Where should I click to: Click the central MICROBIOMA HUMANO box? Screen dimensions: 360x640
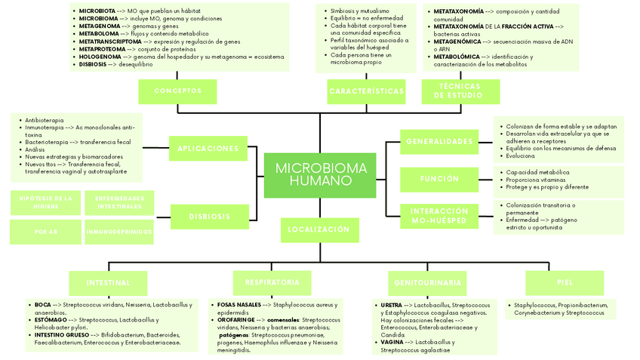tap(320, 174)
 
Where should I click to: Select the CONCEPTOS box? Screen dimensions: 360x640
tap(177, 91)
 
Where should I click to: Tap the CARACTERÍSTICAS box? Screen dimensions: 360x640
tap(366, 91)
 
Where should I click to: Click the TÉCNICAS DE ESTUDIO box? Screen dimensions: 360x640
tap(460, 91)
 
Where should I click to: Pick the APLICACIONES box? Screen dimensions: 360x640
tap(208, 149)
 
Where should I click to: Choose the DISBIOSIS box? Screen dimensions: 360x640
tap(210, 217)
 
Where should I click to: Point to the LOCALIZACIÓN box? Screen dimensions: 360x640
tap(318, 229)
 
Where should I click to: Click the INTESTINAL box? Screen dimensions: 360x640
tap(108, 283)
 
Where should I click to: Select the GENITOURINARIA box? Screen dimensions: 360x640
tap(427, 283)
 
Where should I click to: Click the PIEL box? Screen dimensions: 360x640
tap(565, 282)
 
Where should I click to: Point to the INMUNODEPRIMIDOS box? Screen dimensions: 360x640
tap(118, 232)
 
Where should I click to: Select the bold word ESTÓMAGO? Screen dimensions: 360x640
tap(51, 320)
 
